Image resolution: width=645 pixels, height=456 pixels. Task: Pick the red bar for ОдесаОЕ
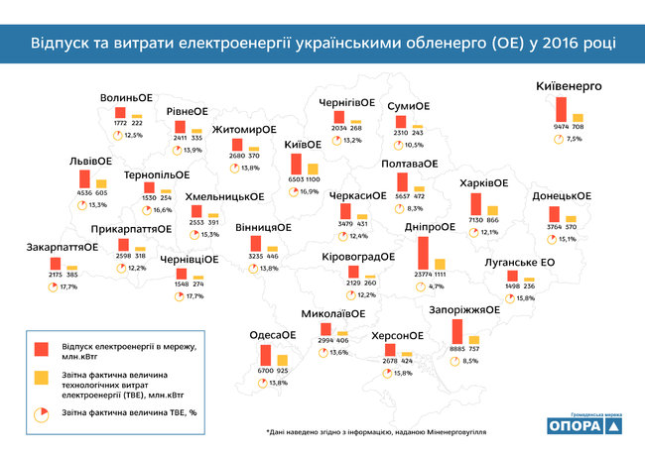(x=266, y=355)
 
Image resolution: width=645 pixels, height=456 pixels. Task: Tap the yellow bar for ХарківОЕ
(x=491, y=207)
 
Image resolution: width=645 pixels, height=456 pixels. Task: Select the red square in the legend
(x=42, y=348)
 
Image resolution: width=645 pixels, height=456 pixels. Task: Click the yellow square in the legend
(x=42, y=378)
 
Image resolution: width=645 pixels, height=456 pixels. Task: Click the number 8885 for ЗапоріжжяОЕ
(x=456, y=348)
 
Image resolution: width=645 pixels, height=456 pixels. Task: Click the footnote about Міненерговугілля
(x=378, y=432)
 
